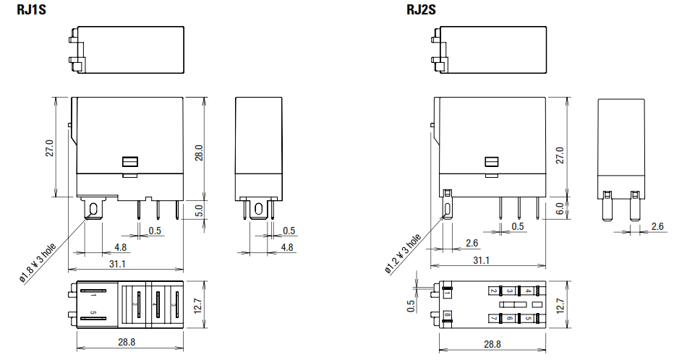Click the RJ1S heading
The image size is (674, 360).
31,9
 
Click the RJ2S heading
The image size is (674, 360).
421,9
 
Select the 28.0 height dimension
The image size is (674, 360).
199,153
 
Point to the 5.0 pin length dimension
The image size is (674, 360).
199,210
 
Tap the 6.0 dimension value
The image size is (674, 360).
560,209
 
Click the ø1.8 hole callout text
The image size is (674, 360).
38,263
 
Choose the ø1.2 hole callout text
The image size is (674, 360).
403,254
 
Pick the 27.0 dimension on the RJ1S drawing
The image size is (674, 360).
50,147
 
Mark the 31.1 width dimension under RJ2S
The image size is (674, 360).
481,260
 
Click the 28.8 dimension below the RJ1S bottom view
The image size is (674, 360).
127,342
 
